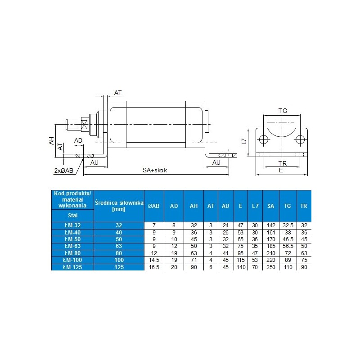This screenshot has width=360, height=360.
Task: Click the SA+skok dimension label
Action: click(155, 171)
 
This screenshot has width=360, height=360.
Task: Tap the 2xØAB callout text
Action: click(64, 171)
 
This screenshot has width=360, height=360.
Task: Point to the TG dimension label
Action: click(283, 111)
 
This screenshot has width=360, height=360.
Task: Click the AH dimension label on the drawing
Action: click(52, 141)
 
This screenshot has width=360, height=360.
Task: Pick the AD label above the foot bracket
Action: click(78, 140)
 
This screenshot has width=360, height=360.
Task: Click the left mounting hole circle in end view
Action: click(264, 139)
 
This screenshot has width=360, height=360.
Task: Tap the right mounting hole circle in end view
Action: click(300, 139)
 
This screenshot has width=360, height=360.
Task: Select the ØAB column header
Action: click(153, 206)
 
